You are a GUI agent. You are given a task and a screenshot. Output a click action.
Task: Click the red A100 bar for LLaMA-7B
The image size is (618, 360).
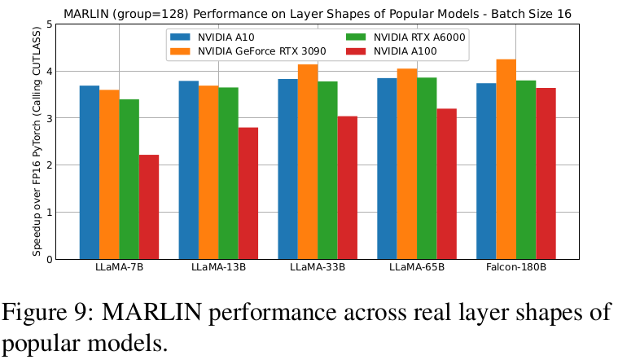149,207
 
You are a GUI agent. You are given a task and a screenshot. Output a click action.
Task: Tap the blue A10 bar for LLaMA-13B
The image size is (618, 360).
189,170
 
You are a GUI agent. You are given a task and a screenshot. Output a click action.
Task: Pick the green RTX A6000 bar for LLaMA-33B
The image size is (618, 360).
327,170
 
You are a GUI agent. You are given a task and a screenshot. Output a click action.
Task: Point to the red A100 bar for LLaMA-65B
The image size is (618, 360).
446,184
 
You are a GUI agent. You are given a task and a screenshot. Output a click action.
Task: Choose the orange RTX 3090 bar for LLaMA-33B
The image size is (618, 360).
308,162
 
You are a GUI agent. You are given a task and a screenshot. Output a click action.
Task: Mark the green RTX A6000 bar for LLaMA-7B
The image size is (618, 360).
129,179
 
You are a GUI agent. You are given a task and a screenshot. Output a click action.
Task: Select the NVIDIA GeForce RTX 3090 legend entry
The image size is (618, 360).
244,51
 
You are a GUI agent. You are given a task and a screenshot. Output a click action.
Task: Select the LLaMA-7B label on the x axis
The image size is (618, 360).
119,269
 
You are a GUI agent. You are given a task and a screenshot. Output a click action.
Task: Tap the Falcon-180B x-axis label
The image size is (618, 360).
516,269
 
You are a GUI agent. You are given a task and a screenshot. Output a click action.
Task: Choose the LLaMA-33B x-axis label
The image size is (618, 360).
318,269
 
